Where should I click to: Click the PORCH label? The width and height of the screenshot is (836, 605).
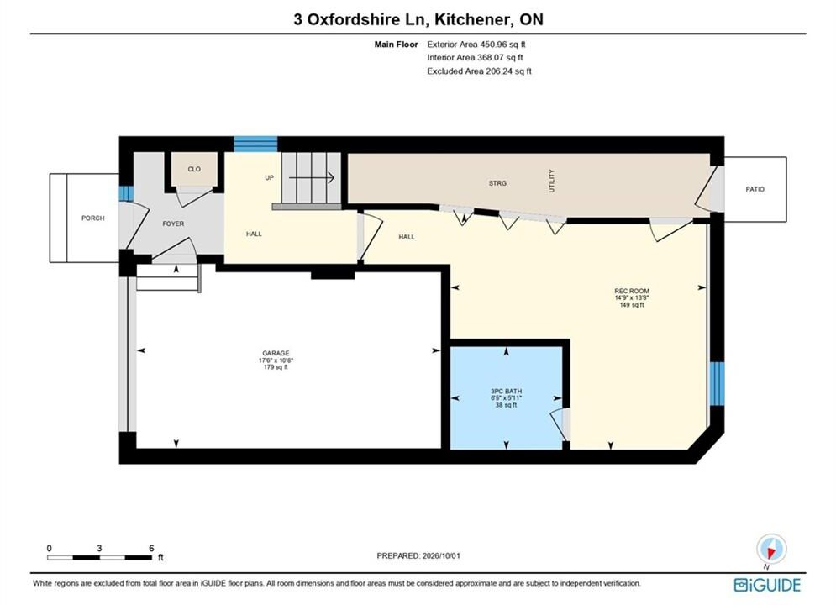pos(92,218)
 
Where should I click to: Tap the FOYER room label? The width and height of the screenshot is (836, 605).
pos(173,224)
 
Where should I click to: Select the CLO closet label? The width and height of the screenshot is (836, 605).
pos(194,169)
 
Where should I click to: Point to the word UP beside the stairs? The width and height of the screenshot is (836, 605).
pos(269,177)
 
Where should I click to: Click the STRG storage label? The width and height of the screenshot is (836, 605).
pos(497,183)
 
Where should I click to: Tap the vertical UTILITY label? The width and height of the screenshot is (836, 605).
pos(552,181)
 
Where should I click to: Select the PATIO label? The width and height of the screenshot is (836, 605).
pos(755,189)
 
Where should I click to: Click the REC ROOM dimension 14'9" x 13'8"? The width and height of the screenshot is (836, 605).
pos(632,298)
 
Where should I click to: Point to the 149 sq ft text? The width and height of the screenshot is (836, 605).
pos(632,305)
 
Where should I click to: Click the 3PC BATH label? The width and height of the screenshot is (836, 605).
pos(507,392)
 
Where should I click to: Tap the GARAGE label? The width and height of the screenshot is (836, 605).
pos(276,353)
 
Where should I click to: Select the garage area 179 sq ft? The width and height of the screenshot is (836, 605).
pos(276,366)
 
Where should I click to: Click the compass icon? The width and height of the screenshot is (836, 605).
pos(771,549)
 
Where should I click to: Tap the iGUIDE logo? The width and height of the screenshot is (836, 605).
pos(767,585)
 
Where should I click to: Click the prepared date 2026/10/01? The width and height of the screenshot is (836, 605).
pos(441,555)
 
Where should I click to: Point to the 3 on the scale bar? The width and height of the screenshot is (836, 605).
pos(100,548)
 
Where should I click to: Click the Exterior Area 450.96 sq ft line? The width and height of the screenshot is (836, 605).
pos(476,45)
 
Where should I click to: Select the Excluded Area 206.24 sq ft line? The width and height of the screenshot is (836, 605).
pos(479,71)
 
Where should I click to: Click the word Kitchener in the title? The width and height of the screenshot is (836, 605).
pos(471,19)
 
